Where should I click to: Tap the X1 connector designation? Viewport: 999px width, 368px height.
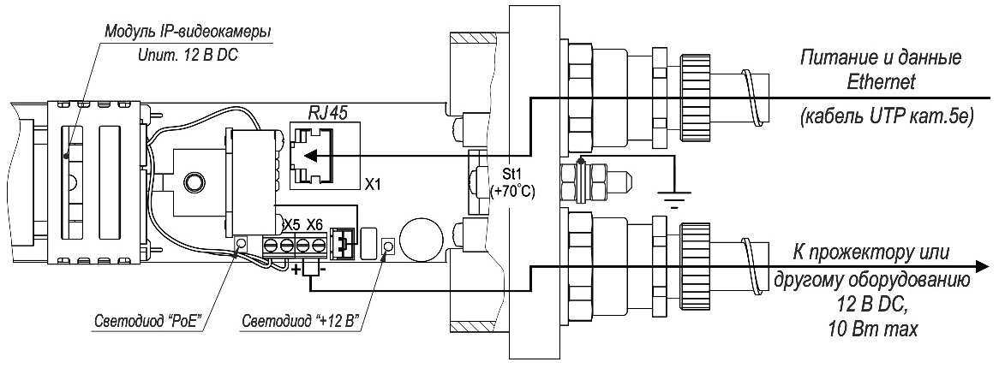point(373,183)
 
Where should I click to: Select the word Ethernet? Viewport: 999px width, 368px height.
point(882,82)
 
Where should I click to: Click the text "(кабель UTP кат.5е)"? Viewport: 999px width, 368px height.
point(882,118)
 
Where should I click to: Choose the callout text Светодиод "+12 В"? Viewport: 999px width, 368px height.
point(300,321)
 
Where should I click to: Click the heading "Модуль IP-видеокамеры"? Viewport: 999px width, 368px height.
point(188,32)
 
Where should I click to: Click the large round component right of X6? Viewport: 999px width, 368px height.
point(421,237)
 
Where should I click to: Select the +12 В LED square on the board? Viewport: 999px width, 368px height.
point(387,247)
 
